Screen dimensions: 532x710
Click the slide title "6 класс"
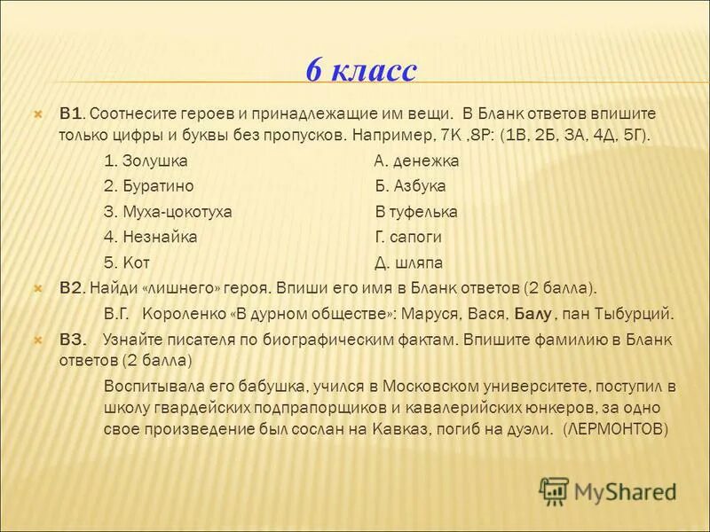[360, 70]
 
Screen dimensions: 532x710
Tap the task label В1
[71, 114]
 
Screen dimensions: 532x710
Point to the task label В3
[73, 339]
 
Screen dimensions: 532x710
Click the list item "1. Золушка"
[146, 161]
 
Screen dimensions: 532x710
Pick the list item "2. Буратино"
[148, 186]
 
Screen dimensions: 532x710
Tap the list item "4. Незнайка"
[150, 237]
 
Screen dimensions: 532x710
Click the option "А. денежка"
[416, 161]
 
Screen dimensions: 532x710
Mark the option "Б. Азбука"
[410, 186]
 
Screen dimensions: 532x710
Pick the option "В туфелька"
[416, 212]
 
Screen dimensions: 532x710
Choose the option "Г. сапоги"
[408, 237]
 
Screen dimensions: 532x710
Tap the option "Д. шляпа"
[408, 262]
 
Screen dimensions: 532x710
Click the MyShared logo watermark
[608, 490]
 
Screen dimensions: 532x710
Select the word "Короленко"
[185, 313]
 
